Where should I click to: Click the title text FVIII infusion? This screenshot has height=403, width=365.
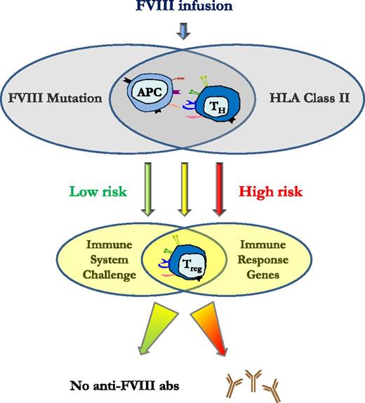click(x=184, y=8)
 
